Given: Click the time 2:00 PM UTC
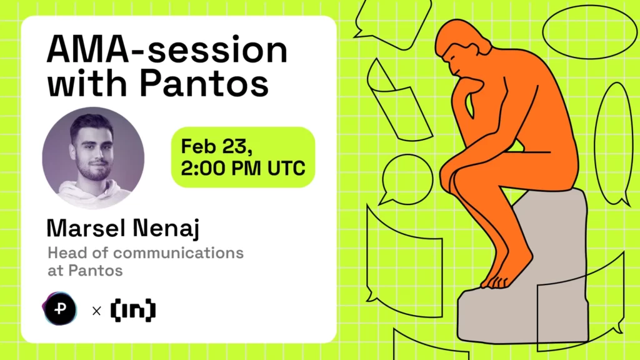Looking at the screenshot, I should click(243, 168).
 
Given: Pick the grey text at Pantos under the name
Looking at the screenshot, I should click(84, 271).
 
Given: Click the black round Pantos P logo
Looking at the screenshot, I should click(60, 309).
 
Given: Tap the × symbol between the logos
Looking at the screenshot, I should click(96, 310).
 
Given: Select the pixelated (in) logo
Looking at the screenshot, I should click(132, 309).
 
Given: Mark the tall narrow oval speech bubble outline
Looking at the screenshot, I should click(612, 144).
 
